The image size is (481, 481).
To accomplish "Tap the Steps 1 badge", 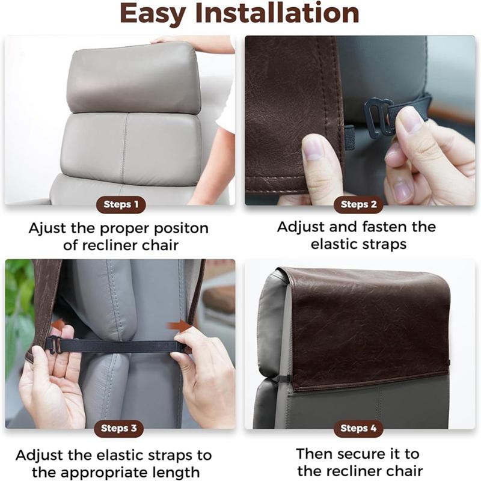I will point(121,204).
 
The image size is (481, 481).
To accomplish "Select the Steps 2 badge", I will point(358,204).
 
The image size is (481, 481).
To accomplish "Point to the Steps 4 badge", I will point(358,429).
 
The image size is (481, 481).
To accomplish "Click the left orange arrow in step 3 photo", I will point(58,325).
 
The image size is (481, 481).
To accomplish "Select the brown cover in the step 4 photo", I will point(367,325).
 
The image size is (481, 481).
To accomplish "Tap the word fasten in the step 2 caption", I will point(382,227).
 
